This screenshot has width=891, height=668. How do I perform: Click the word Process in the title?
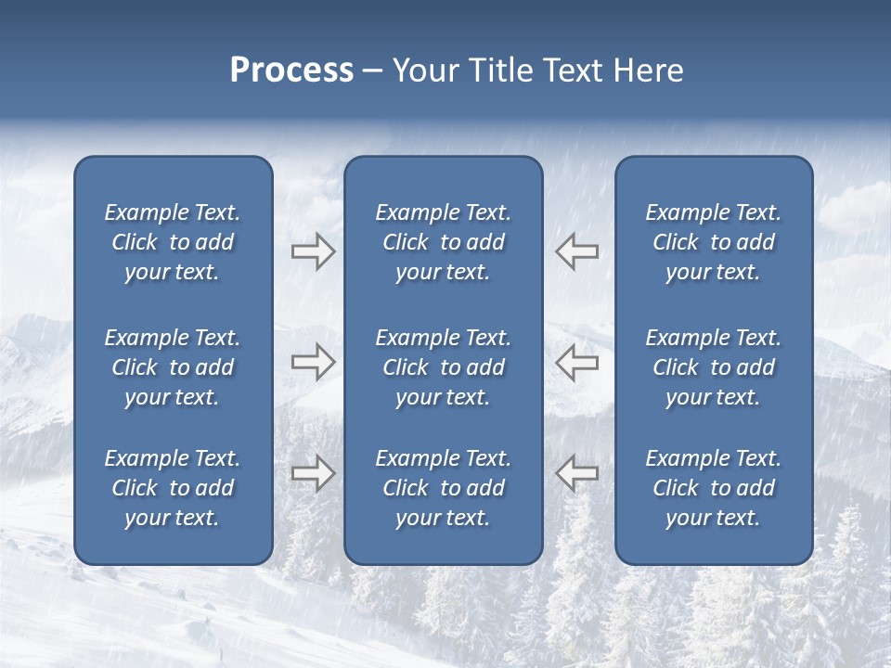pyautogui.click(x=291, y=71)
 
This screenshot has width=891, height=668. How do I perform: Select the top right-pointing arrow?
pyautogui.click(x=313, y=251)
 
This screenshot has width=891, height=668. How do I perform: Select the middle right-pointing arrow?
pyautogui.click(x=313, y=362)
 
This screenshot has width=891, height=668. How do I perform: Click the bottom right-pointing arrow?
pyautogui.click(x=313, y=472)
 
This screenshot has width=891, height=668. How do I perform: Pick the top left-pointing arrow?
pyautogui.click(x=576, y=251)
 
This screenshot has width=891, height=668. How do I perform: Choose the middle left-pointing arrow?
pyautogui.click(x=576, y=362)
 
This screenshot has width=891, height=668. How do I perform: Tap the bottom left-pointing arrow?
pyautogui.click(x=576, y=472)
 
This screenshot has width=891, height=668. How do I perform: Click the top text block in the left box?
pyautogui.click(x=173, y=242)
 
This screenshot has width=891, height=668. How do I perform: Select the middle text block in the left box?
pyautogui.click(x=173, y=367)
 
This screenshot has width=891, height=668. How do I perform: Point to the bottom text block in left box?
pyautogui.click(x=173, y=488)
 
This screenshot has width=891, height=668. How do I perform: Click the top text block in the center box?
pyautogui.click(x=443, y=242)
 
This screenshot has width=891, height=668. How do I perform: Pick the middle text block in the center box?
pyautogui.click(x=443, y=367)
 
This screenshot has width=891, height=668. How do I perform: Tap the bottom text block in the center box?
pyautogui.click(x=443, y=488)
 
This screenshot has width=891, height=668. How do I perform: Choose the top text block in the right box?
pyautogui.click(x=713, y=242)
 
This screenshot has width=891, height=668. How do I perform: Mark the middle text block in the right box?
pyautogui.click(x=713, y=367)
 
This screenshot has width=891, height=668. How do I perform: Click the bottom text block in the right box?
pyautogui.click(x=713, y=488)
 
